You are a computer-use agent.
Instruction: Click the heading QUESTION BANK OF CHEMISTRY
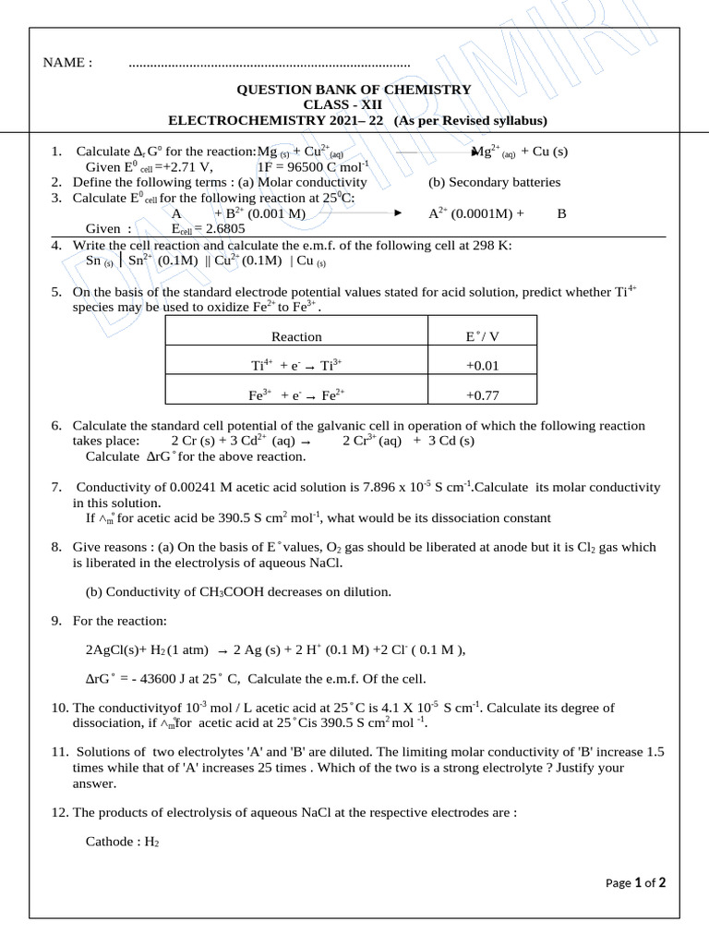point(354,90)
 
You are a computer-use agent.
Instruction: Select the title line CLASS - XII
point(354,105)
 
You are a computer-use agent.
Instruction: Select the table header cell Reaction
point(296,337)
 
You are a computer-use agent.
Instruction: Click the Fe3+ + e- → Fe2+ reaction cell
point(296,394)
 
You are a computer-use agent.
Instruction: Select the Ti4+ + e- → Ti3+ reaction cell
point(296,366)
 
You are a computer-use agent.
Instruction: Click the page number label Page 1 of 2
point(635,883)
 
